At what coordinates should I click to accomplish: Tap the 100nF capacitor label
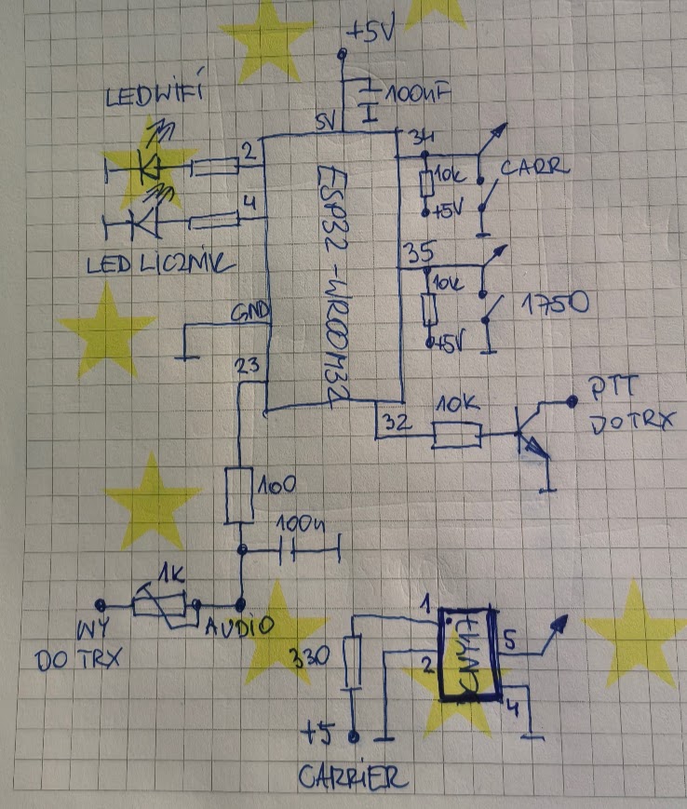coord(416,95)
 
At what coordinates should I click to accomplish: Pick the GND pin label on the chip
coord(251,309)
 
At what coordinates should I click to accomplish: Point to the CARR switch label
coord(535,169)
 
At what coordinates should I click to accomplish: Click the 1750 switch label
coord(552,303)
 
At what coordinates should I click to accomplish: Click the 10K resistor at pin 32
coord(455,435)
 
